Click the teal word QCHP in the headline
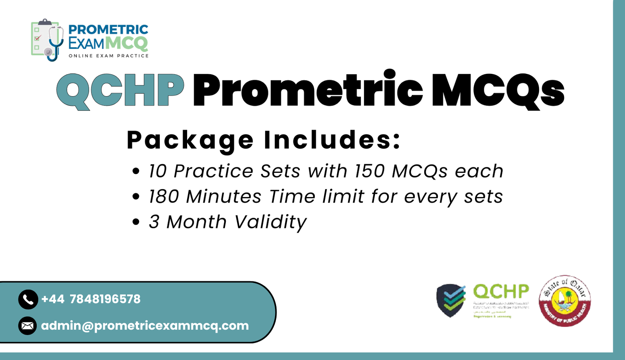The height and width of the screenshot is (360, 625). tap(120, 91)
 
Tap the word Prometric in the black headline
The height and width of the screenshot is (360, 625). tap(308, 91)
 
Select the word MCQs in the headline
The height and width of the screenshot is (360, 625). tap(498, 91)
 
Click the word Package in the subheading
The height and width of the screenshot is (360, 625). tap(190, 140)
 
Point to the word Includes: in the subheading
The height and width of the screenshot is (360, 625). tap(332, 140)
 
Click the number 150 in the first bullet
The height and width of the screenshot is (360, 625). tap(370, 171)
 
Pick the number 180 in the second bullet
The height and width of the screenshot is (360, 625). tap(164, 197)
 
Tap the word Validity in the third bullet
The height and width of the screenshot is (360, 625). tap(271, 222)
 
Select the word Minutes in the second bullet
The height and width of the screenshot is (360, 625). tap(223, 197)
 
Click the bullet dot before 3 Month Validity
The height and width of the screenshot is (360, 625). tap(136, 222)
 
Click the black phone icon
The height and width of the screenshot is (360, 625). tap(28, 299)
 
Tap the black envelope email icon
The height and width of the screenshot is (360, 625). tap(28, 326)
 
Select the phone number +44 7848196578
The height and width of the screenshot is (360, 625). tap(91, 299)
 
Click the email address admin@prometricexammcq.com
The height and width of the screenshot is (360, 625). tap(145, 326)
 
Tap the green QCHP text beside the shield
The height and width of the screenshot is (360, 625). tap(501, 292)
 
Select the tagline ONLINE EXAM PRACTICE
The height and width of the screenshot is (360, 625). tap(109, 56)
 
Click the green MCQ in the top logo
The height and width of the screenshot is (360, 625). tap(127, 43)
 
